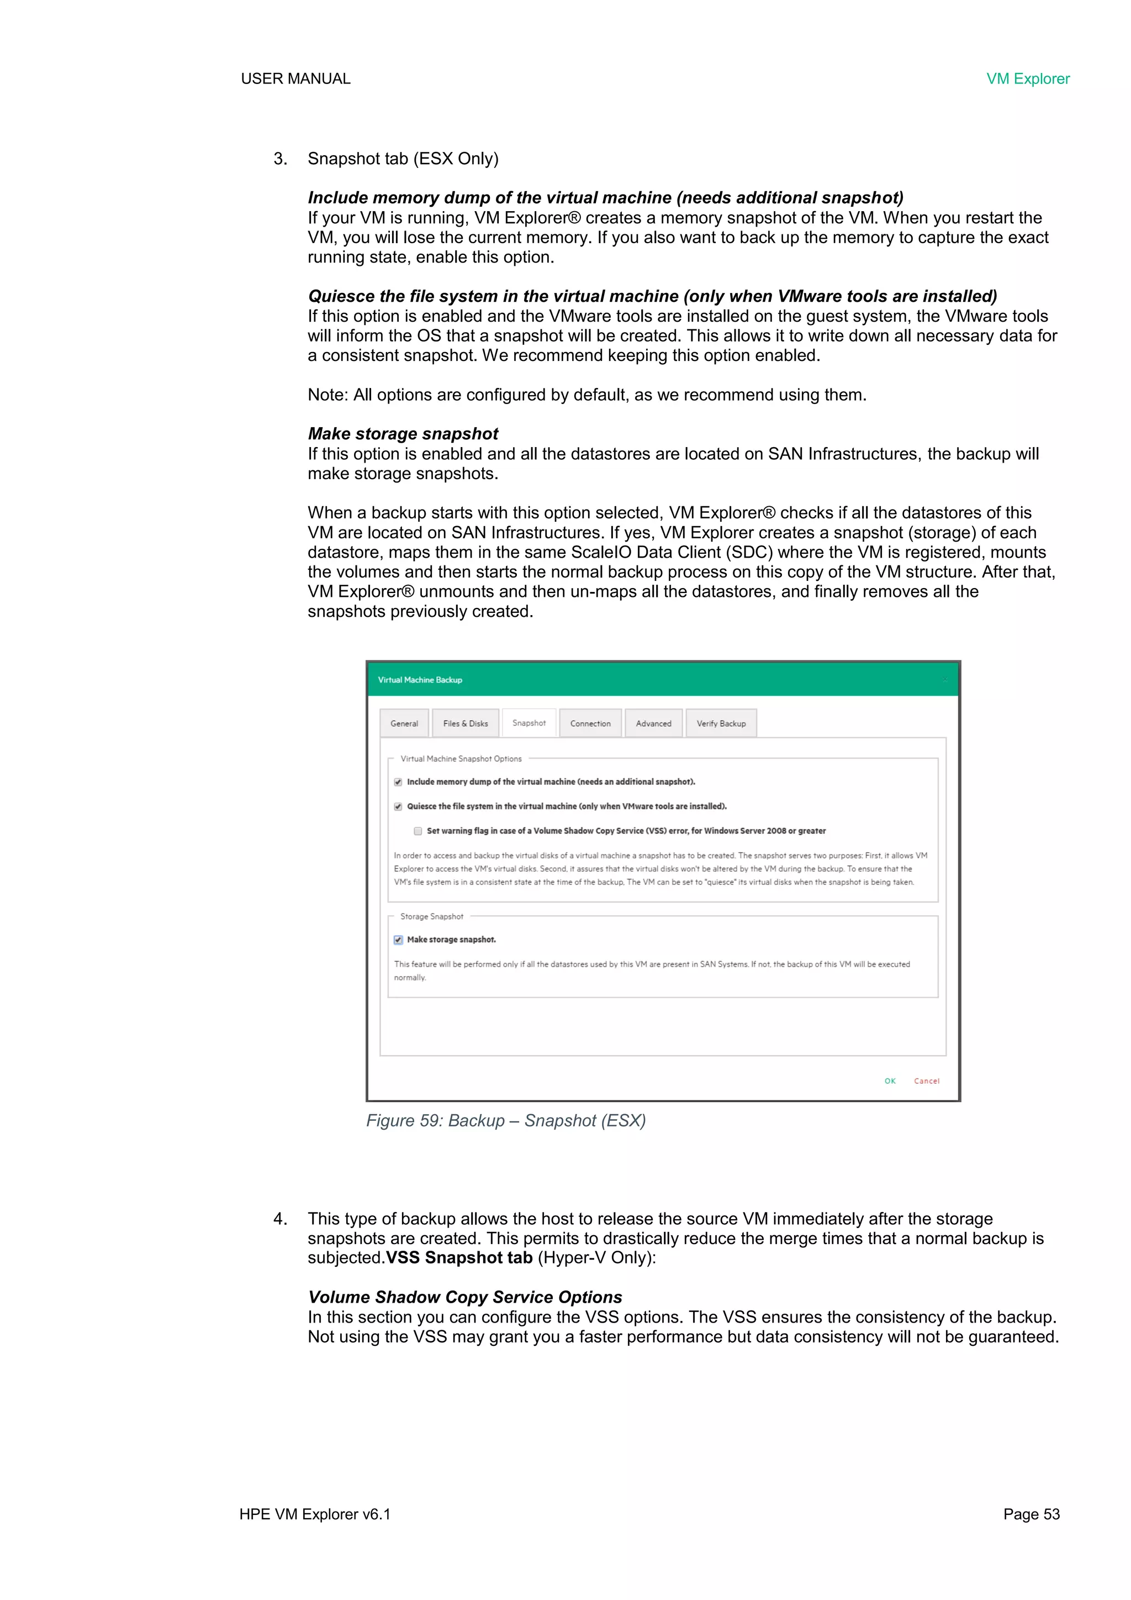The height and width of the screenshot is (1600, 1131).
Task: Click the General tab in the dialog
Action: tap(404, 723)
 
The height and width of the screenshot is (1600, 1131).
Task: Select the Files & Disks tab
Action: tap(465, 723)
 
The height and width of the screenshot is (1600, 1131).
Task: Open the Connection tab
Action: tap(590, 723)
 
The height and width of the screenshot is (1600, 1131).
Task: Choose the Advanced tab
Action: tap(653, 723)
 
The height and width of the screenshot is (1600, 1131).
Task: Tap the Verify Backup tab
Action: tap(721, 723)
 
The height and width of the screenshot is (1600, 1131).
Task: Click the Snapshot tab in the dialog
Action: tap(528, 723)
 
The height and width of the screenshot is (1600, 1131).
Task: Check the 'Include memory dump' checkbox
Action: tap(398, 782)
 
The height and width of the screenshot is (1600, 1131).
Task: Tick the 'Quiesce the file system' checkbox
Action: tap(398, 806)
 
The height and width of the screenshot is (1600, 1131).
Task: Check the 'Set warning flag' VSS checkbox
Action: tap(418, 831)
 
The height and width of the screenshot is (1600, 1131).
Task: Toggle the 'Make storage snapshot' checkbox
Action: tap(398, 940)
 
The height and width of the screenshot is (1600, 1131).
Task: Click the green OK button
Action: tap(889, 1081)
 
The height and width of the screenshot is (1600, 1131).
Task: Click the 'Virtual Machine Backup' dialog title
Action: tap(420, 679)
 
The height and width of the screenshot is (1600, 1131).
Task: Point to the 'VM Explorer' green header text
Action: tap(1027, 78)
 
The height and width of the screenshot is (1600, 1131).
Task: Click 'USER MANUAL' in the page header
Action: tap(295, 78)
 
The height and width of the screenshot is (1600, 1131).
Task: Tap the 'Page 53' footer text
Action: tap(1030, 1514)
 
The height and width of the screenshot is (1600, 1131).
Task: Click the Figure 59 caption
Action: tap(506, 1121)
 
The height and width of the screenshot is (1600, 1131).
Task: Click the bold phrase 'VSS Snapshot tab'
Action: tap(459, 1258)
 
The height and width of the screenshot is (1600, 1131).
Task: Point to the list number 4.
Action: tap(279, 1219)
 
